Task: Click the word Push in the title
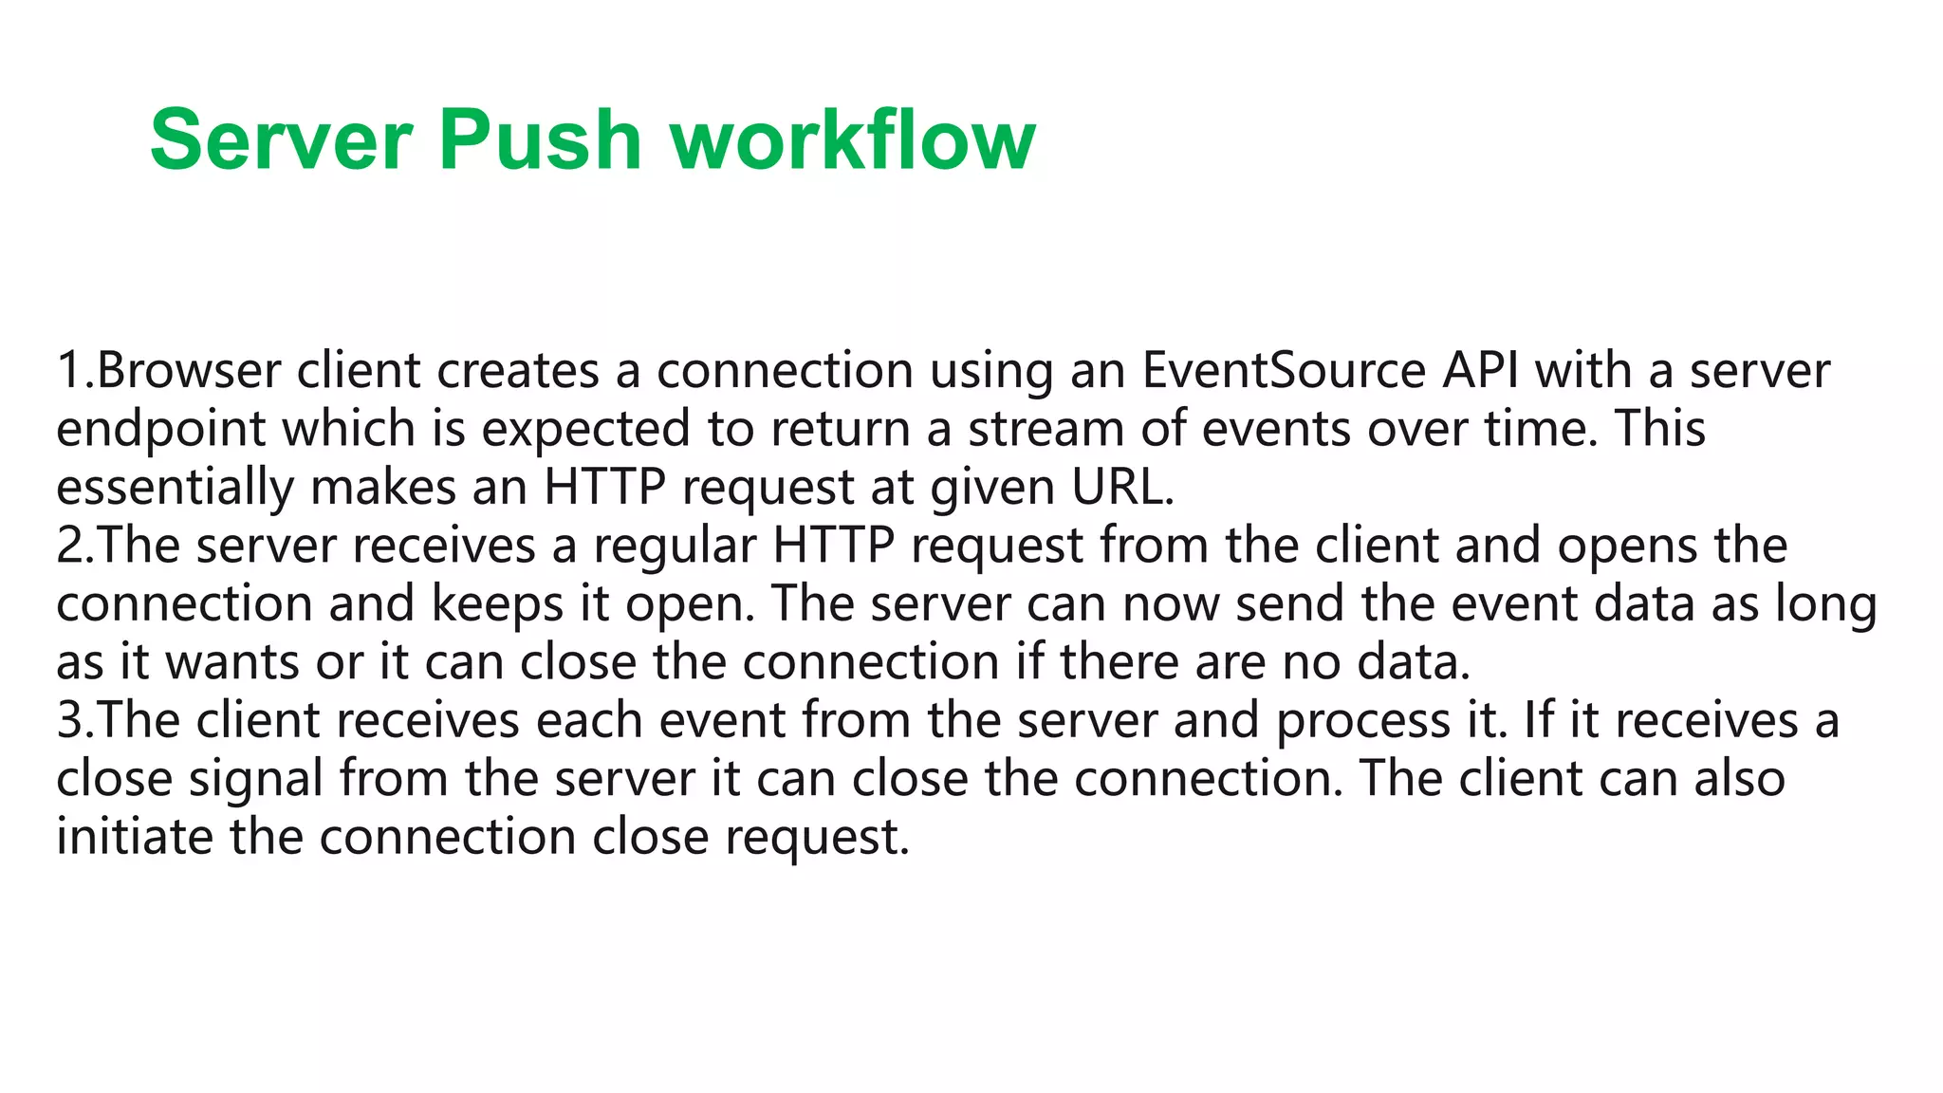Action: click(540, 140)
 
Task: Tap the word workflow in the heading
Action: click(853, 140)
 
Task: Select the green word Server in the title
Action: click(281, 140)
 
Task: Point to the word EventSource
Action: click(1284, 370)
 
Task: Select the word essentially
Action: click(175, 488)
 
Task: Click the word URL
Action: click(1121, 488)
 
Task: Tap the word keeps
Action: click(497, 604)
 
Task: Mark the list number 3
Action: click(70, 720)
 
